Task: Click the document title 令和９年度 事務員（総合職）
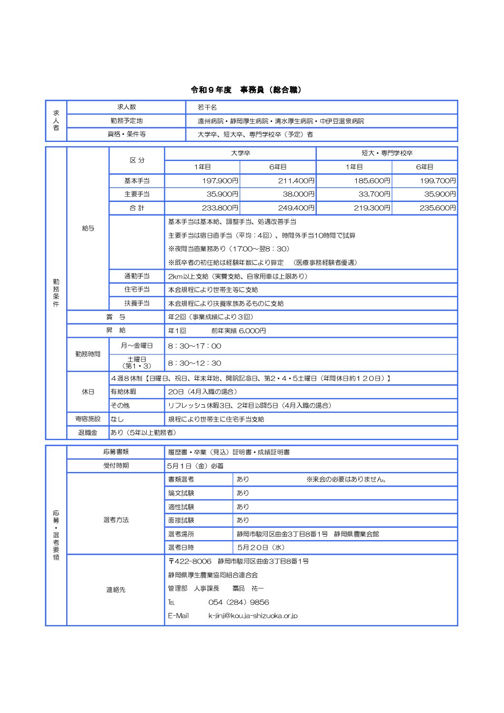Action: [x=246, y=90]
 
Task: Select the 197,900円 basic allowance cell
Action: [x=220, y=181]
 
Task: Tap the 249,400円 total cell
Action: [x=296, y=208]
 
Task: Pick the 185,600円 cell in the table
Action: [x=372, y=181]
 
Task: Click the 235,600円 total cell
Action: [x=437, y=208]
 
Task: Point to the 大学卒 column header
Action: [x=240, y=153]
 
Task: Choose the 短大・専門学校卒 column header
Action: [x=387, y=153]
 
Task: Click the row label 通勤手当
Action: [x=137, y=276]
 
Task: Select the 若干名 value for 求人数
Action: [x=207, y=107]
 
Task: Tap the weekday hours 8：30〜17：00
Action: [x=194, y=346]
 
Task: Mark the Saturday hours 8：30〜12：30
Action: [x=194, y=363]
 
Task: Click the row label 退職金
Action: [x=88, y=432]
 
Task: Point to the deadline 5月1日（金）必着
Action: [x=195, y=465]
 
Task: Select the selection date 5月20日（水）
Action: [x=261, y=547]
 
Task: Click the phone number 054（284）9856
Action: [x=238, y=602]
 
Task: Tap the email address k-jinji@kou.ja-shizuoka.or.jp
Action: [x=252, y=615]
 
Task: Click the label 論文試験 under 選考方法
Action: [x=181, y=493]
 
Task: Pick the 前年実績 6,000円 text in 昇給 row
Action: [x=238, y=331]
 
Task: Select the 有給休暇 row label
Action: [x=123, y=392]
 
